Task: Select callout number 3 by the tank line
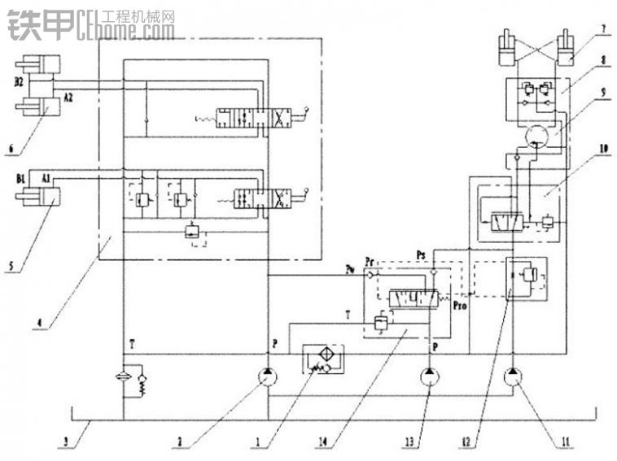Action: click(65, 441)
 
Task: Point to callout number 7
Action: click(603, 31)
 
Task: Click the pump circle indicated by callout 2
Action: click(268, 377)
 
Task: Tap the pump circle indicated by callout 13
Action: click(431, 377)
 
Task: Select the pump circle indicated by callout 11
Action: click(514, 377)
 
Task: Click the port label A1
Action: click(46, 176)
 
